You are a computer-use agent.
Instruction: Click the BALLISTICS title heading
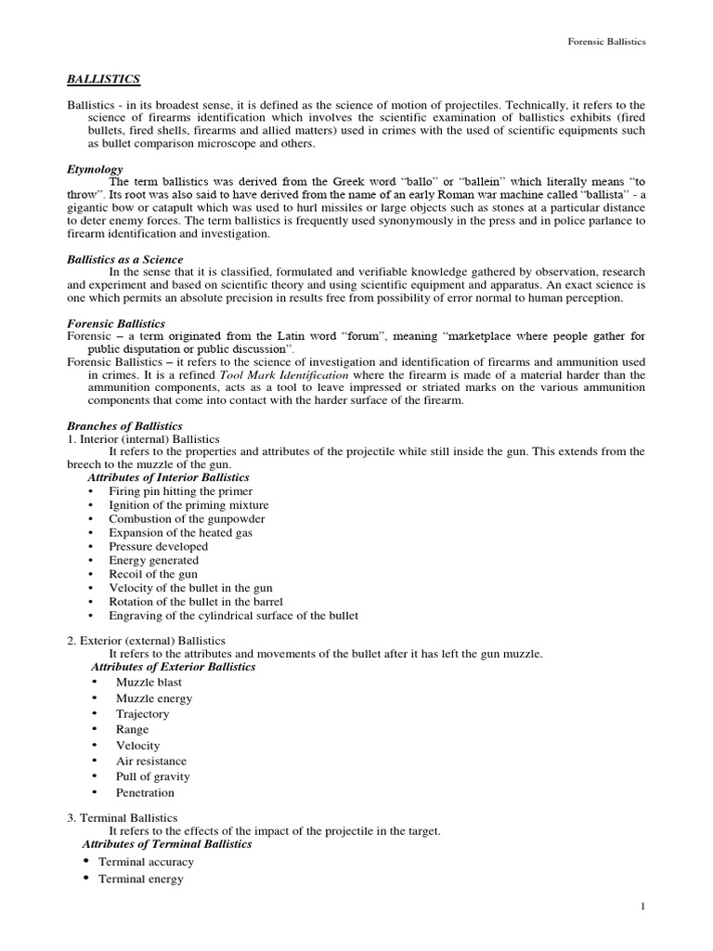[104, 81]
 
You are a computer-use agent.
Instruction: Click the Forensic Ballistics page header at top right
[606, 42]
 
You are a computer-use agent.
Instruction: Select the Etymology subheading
[95, 170]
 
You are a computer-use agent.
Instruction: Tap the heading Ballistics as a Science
[125, 259]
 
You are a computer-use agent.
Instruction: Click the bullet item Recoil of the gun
[152, 574]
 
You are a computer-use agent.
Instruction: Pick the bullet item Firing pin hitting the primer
[180, 490]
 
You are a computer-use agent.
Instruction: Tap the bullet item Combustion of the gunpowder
[187, 518]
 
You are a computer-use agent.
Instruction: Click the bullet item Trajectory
[142, 714]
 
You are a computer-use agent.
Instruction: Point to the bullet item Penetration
[145, 792]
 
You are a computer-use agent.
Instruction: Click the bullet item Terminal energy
[141, 879]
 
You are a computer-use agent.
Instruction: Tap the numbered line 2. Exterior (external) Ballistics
[146, 641]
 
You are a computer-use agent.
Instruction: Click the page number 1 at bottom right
[642, 906]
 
